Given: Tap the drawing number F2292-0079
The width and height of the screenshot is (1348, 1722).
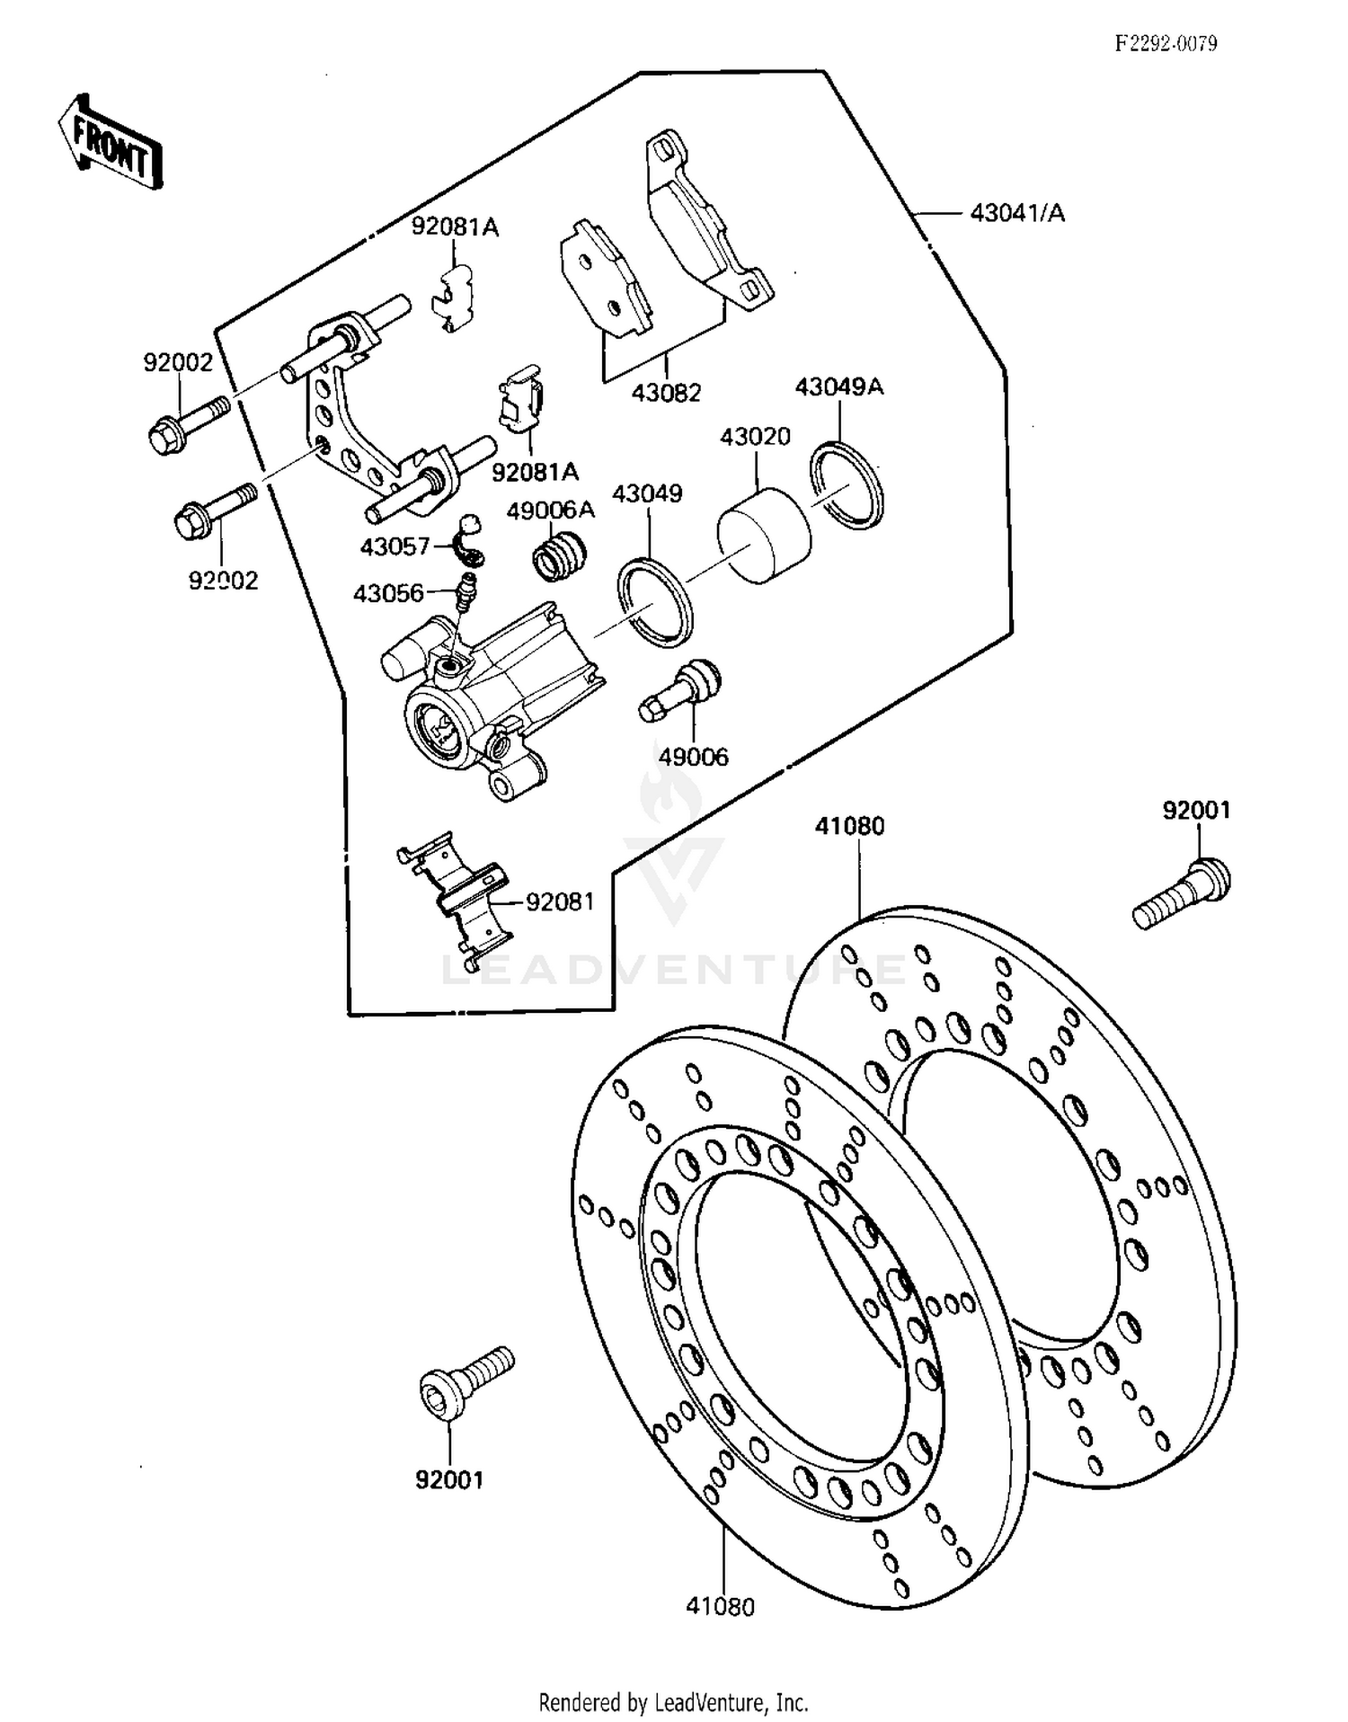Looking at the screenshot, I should (x=1166, y=43).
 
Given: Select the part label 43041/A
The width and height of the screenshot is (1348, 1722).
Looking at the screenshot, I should (x=1017, y=213).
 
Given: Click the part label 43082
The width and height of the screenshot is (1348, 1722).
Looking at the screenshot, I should (x=666, y=393).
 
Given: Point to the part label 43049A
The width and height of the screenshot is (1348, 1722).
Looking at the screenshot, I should (x=839, y=387).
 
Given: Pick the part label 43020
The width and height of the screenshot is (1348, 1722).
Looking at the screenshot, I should (x=755, y=437).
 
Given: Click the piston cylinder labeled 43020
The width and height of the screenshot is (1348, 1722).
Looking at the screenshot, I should (x=764, y=536).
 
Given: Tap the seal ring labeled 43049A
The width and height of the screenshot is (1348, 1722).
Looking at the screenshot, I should (x=846, y=485).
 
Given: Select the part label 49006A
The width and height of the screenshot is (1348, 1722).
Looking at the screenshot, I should (x=550, y=510).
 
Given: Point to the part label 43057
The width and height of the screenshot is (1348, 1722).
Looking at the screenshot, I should (x=395, y=546).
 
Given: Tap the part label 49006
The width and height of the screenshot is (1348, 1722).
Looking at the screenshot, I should (x=693, y=758).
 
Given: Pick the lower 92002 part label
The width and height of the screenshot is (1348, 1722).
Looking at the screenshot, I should (x=223, y=581).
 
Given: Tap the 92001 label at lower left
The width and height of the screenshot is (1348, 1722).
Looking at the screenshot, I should (x=449, y=1479).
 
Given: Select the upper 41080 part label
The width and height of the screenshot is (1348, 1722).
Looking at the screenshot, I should (x=849, y=826).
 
